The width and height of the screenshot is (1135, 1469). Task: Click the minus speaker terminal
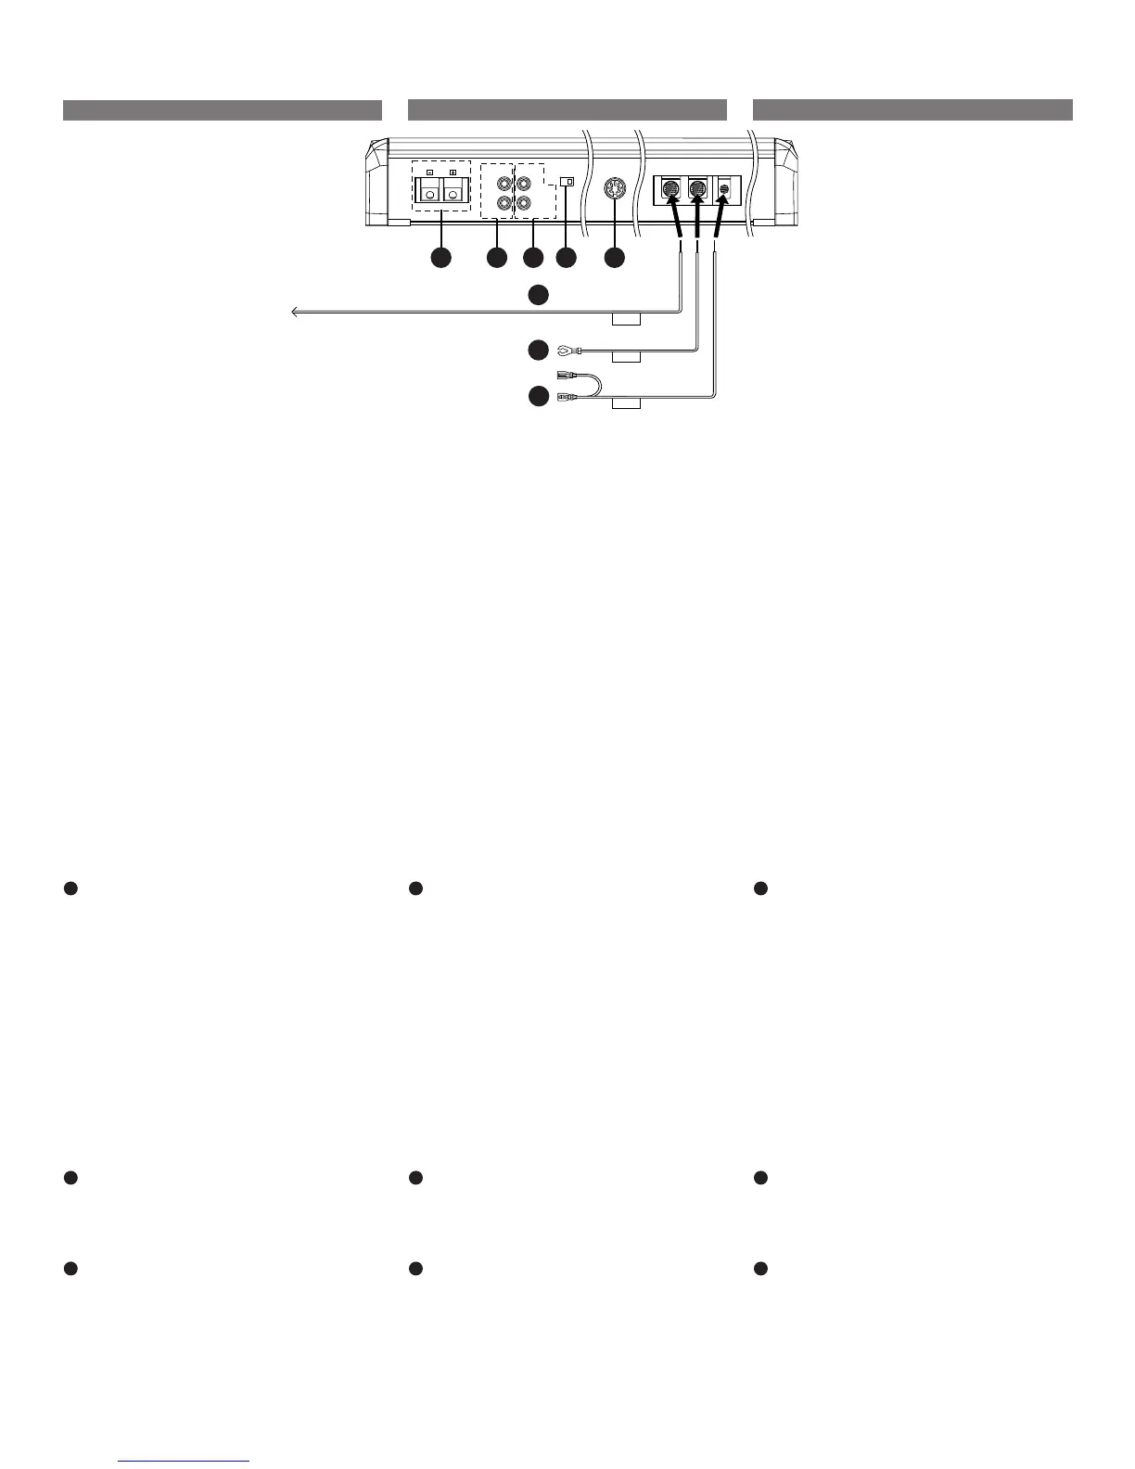coord(428,191)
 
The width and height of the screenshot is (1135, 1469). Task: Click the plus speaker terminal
coord(453,191)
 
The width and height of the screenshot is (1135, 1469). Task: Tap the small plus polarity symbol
coord(453,173)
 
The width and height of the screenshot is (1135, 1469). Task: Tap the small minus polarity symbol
coord(428,173)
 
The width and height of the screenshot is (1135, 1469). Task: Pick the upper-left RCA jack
coord(504,184)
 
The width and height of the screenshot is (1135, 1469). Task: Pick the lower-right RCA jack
coord(525,204)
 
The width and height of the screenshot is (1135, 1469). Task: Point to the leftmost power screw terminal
coord(670,189)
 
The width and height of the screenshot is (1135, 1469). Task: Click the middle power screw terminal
coord(699,189)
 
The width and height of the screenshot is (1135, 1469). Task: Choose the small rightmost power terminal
coord(725,189)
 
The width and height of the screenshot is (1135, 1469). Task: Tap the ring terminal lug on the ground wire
coord(562,350)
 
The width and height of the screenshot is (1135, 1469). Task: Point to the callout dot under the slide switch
coord(566,258)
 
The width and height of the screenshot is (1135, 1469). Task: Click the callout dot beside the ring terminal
coord(537,350)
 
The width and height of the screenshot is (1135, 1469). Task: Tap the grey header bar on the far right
coord(912,110)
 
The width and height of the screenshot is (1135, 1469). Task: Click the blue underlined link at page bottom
coord(185,1460)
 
